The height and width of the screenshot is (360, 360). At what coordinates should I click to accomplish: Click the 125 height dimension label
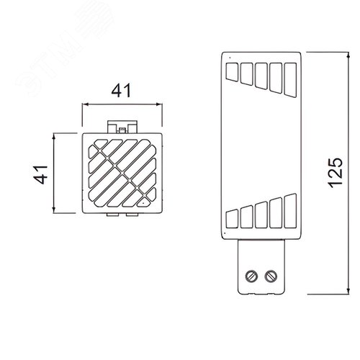tap(336, 173)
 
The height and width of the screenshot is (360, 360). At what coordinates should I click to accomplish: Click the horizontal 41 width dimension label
tap(122, 90)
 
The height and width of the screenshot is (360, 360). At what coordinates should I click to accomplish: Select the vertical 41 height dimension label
tap(40, 174)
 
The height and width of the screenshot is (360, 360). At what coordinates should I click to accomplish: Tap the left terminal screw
tap(251, 276)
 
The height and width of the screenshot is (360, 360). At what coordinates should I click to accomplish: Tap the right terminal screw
tap(271, 276)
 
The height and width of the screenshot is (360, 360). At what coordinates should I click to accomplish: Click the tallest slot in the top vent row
tap(290, 80)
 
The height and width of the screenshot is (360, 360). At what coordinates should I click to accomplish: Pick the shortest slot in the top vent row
tap(232, 72)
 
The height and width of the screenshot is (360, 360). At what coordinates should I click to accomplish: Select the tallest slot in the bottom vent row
tap(290, 211)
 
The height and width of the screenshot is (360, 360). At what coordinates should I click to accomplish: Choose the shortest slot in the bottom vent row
tap(232, 219)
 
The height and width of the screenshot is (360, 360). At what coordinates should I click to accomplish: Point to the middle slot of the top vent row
tap(261, 76)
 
